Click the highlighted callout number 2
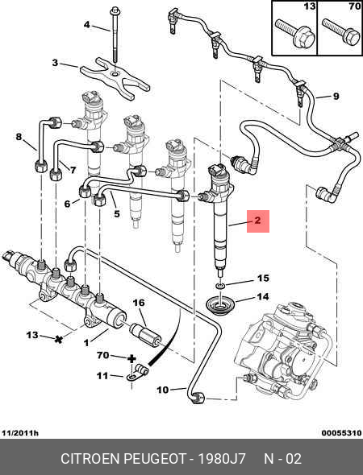257,221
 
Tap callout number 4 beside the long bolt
87,24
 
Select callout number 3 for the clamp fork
55,63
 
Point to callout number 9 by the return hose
336,97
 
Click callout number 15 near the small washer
263,278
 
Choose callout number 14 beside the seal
263,296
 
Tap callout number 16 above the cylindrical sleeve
139,303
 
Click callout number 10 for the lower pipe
163,390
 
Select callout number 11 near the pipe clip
102,376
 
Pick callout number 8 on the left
19,137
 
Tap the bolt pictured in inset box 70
341,31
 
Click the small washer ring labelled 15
220,285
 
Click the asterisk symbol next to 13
58,339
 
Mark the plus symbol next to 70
131,359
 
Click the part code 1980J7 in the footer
222,459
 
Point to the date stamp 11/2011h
20,433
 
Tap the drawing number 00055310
342,433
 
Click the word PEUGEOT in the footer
155,459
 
